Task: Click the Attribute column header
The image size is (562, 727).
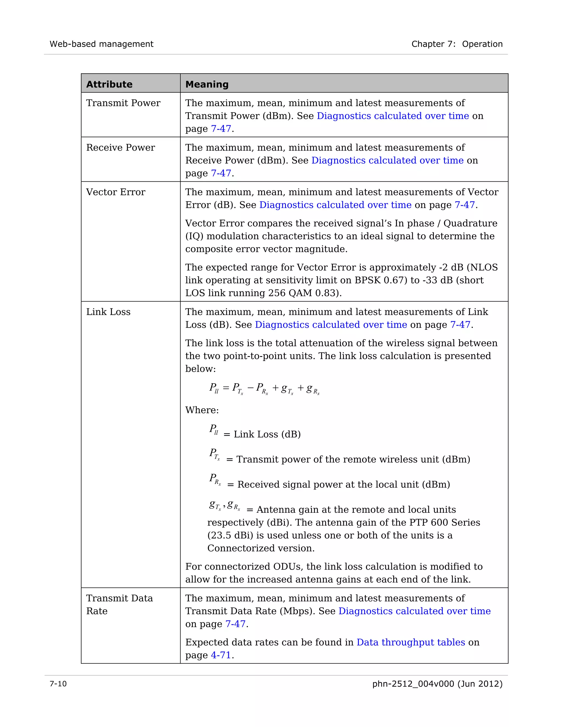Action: [x=109, y=84]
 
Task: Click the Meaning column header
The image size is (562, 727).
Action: [x=207, y=84]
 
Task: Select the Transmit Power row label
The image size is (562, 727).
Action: [x=123, y=103]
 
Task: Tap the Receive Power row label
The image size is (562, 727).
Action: [x=120, y=148]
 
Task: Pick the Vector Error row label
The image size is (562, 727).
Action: [x=116, y=192]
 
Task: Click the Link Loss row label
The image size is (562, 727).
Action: [x=108, y=312]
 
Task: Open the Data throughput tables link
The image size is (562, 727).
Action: [x=411, y=643]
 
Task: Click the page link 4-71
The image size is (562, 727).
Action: [x=221, y=655]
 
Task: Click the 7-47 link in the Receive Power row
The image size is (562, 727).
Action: [x=221, y=173]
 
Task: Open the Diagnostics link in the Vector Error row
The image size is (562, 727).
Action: [x=335, y=205]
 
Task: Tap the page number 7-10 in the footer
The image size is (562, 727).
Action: [x=58, y=684]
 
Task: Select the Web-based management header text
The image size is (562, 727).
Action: [x=102, y=44]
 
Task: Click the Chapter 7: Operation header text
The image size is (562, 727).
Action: [x=457, y=44]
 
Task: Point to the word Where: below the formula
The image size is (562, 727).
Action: [x=202, y=410]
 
